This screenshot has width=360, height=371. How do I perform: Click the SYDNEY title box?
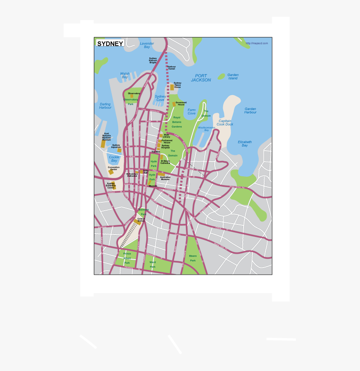(110, 44)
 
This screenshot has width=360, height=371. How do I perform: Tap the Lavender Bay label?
(147, 45)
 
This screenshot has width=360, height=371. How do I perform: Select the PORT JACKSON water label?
(201, 78)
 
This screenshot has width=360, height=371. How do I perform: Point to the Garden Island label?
(233, 77)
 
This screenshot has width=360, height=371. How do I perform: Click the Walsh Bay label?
(125, 75)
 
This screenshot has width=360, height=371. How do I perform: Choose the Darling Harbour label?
(105, 106)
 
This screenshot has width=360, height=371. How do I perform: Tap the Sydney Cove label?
(160, 98)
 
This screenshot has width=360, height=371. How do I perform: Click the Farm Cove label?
(191, 112)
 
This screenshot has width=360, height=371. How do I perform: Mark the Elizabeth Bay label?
(245, 144)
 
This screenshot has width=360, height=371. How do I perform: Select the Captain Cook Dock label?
(225, 122)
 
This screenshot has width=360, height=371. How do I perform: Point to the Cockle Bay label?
(114, 159)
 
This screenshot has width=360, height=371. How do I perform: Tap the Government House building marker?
(174, 104)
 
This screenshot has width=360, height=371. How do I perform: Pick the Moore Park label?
(193, 258)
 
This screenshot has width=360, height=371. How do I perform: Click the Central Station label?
(141, 219)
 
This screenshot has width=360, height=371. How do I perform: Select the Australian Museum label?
(165, 178)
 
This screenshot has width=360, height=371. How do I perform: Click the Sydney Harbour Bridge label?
(153, 60)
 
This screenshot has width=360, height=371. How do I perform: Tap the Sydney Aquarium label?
(116, 146)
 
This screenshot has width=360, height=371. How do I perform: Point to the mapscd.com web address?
(257, 43)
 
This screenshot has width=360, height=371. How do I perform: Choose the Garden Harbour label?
(250, 111)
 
